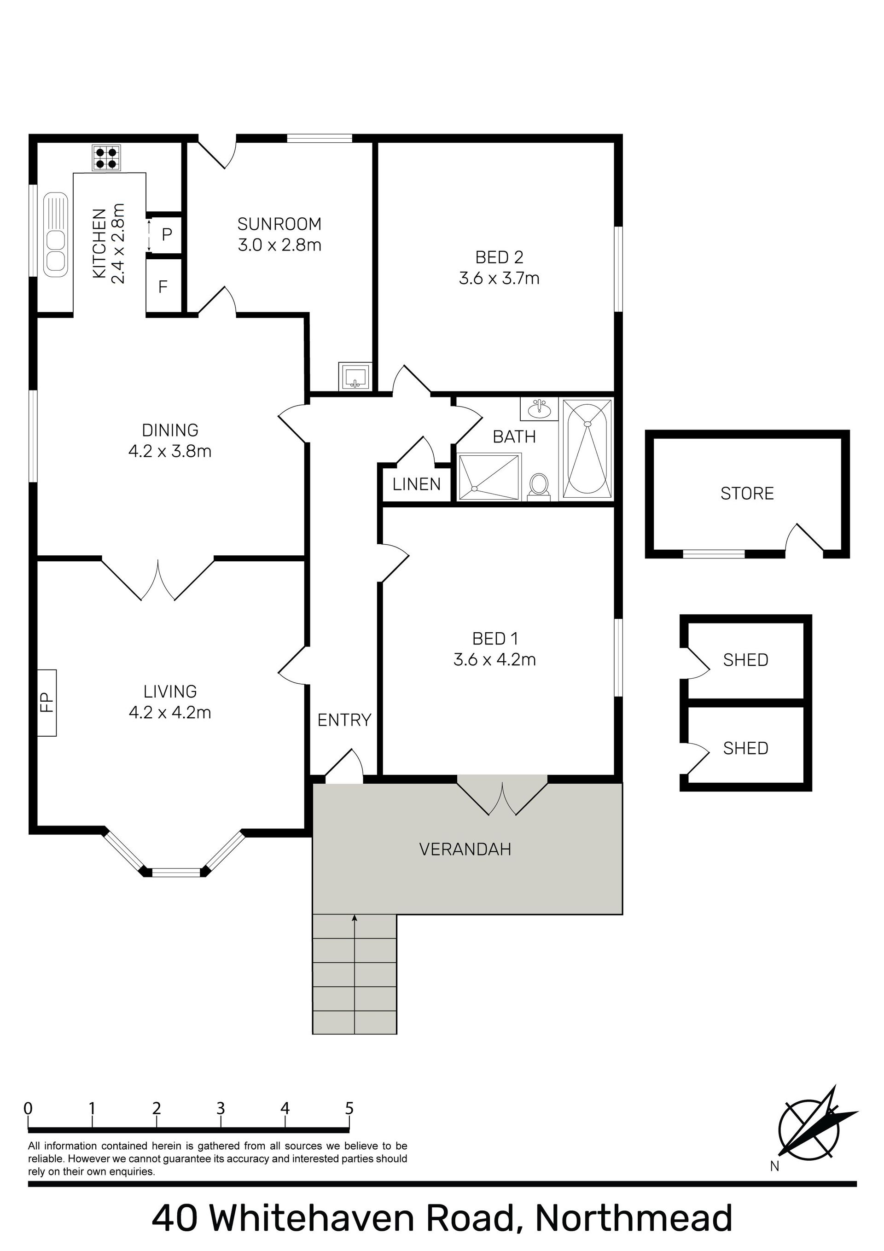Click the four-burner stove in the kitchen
[x=106, y=158]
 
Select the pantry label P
[x=167, y=235]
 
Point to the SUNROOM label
[x=279, y=224]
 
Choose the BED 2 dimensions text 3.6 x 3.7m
[x=499, y=279]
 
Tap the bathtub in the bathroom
[x=587, y=448]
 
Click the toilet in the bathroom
[x=539, y=486]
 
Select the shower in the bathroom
[x=489, y=477]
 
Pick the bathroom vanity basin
[x=539, y=409]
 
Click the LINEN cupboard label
[x=416, y=484]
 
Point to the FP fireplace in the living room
[x=47, y=702]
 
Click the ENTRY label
[x=344, y=720]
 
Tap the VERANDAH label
[x=465, y=850]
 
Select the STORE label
[x=747, y=494]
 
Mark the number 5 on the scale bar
[x=349, y=1108]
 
